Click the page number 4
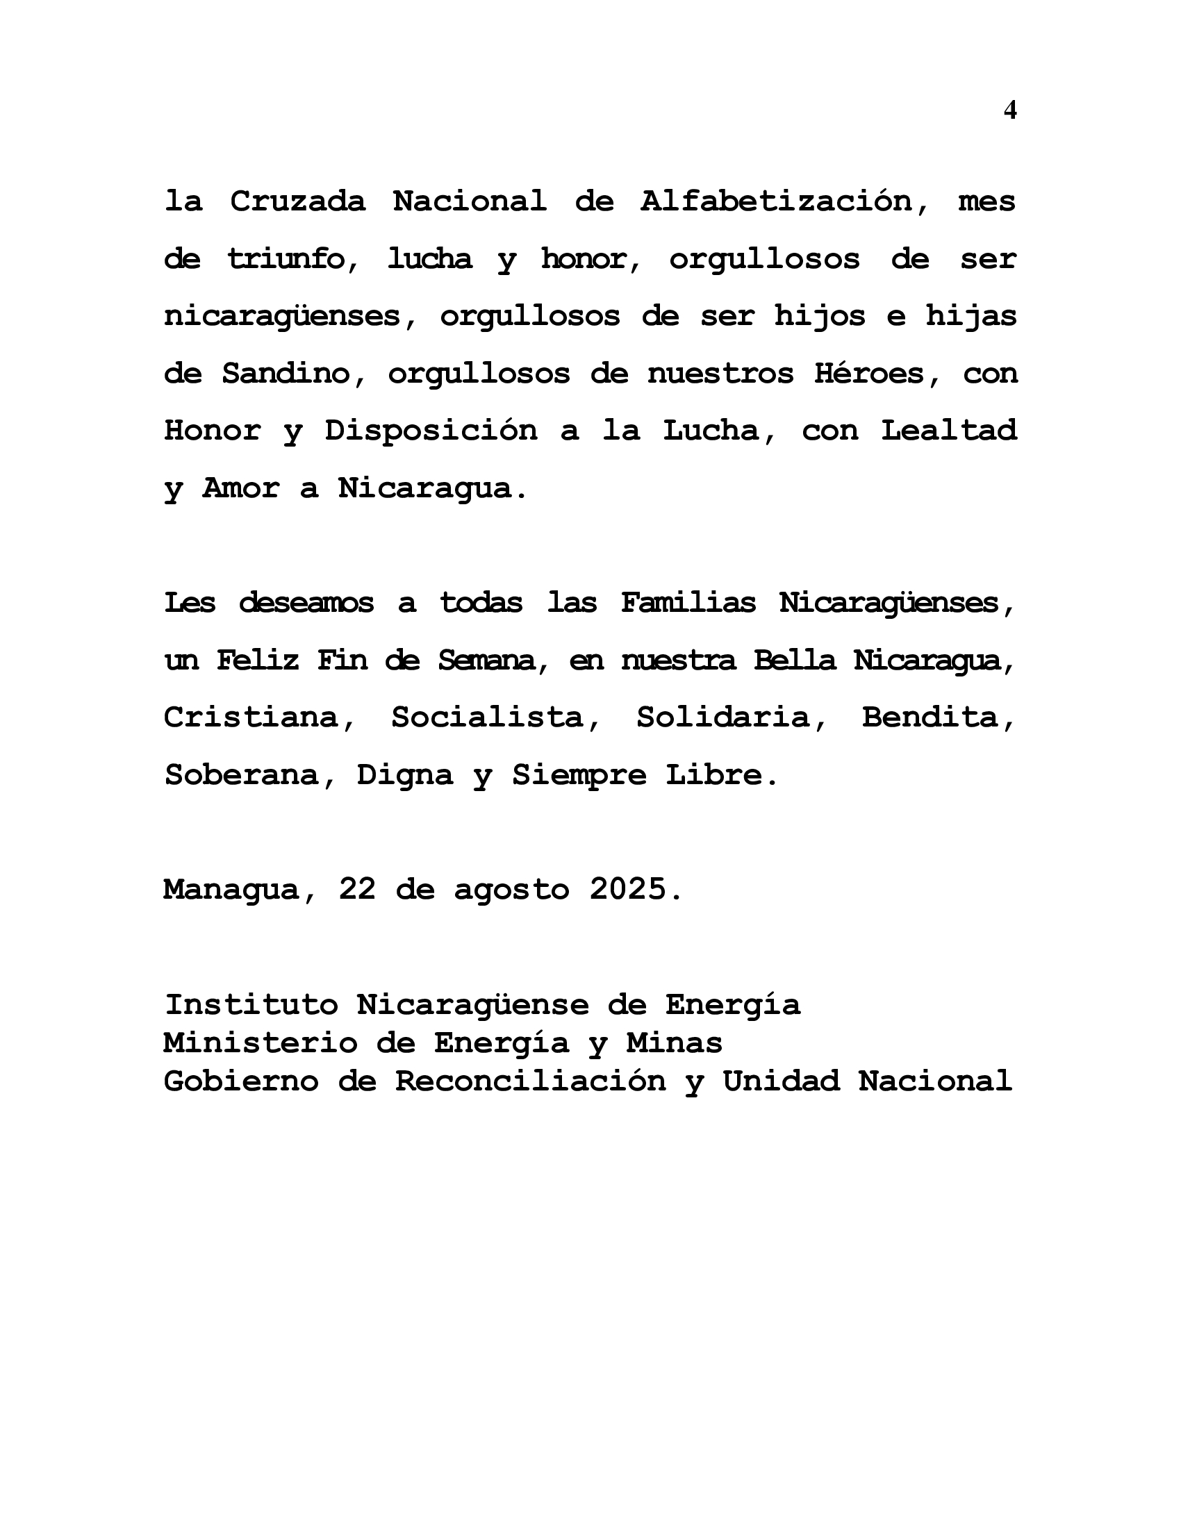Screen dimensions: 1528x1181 1009,110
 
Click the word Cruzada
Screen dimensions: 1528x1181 297,201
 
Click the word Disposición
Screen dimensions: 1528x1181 430,431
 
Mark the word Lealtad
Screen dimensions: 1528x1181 949,431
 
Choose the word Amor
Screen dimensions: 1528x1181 240,488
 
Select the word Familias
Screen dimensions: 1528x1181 688,602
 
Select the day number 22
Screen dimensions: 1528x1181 357,889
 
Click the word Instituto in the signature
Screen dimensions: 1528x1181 251,1005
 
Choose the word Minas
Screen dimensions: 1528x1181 674,1043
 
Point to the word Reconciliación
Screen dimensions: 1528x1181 530,1081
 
